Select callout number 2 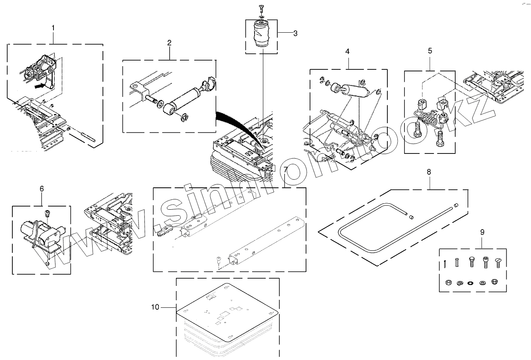coord(170,43)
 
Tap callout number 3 coord(295,33)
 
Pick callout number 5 coord(430,51)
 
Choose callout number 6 coord(42,189)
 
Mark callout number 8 coord(429,172)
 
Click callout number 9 coord(482,232)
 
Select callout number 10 coord(155,307)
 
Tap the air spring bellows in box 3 coord(261,36)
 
